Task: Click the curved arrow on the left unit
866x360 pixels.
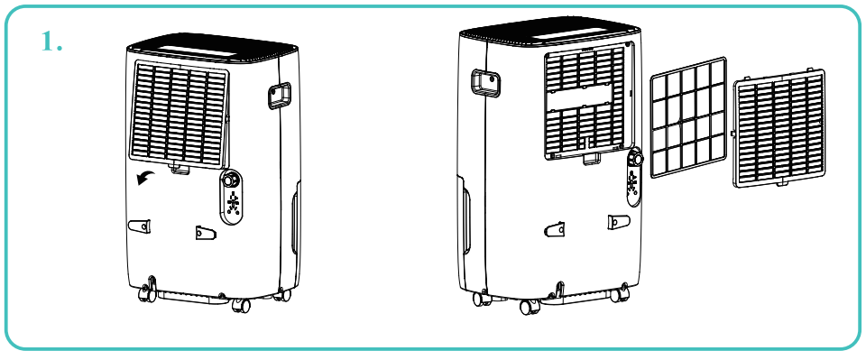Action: [144, 177]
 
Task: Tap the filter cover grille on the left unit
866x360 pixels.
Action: [181, 113]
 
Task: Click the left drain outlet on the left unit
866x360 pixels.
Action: [140, 226]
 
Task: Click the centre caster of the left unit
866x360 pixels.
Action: [241, 306]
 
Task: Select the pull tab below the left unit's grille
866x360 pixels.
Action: [180, 168]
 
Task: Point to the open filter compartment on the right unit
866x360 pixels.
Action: [587, 102]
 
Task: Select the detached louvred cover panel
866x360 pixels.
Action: [779, 129]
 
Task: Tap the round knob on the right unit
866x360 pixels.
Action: [637, 157]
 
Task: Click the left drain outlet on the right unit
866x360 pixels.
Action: [552, 230]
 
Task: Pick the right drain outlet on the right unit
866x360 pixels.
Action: [618, 222]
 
